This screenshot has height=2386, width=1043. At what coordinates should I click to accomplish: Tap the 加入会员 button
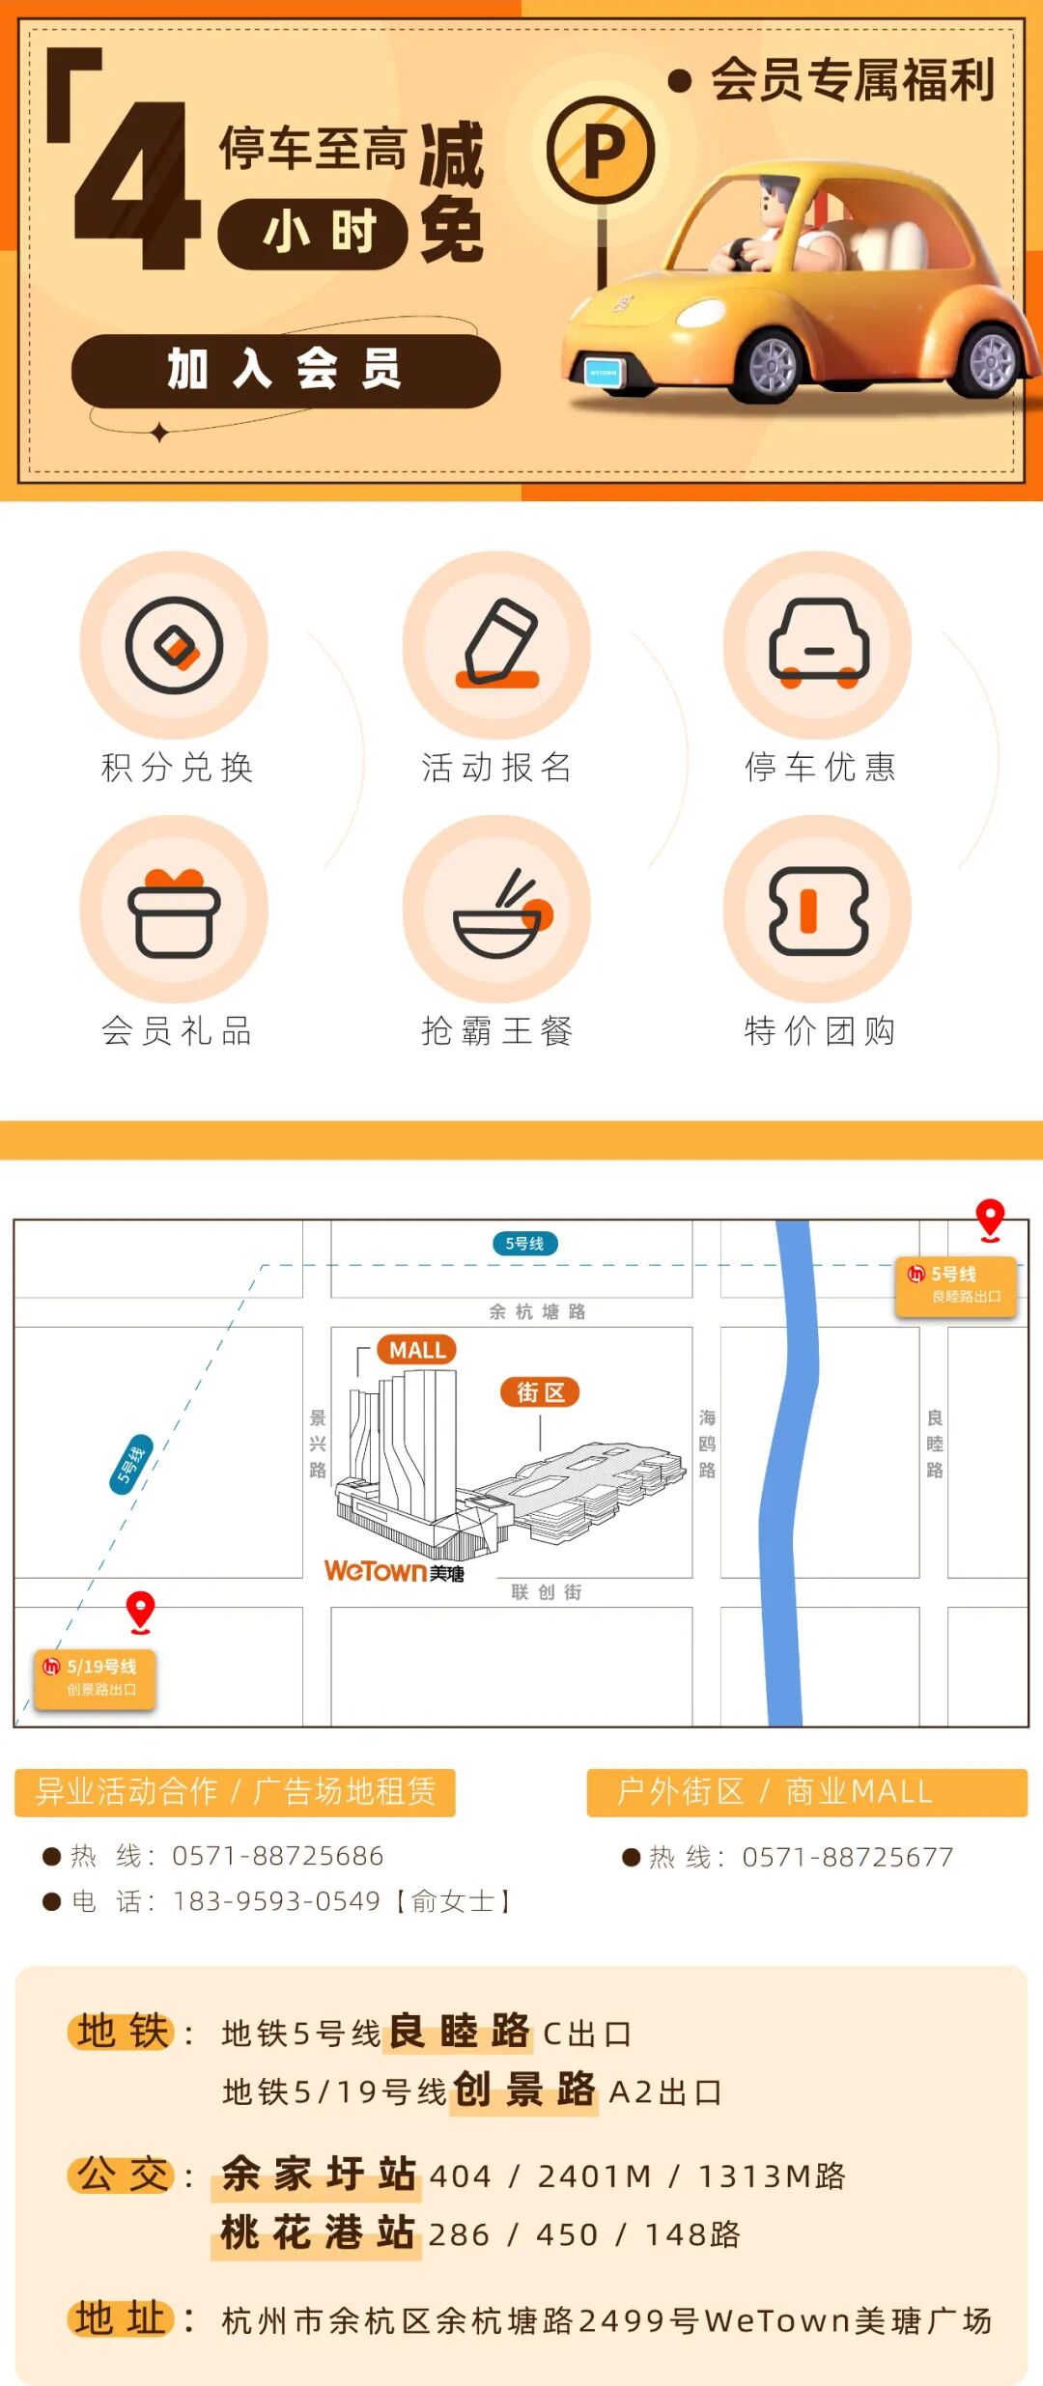[x=286, y=371]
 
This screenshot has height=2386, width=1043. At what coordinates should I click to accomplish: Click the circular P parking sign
[x=601, y=151]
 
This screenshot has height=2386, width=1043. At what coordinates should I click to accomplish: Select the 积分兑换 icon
[x=174, y=645]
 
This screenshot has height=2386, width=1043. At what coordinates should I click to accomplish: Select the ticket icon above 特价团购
[x=818, y=911]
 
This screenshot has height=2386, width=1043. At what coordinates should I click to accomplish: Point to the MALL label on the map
[x=417, y=1350]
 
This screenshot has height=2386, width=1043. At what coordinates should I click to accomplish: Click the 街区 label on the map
[x=540, y=1392]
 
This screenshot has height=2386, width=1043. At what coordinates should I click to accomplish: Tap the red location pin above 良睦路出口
[x=990, y=1220]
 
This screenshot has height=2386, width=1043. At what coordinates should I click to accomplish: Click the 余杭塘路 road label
[x=538, y=1311]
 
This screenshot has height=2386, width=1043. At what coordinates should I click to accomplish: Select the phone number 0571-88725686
[x=278, y=1856]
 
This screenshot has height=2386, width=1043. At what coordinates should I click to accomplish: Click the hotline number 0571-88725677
[x=847, y=1857]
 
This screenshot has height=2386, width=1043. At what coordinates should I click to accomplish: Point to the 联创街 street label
[x=547, y=1592]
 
